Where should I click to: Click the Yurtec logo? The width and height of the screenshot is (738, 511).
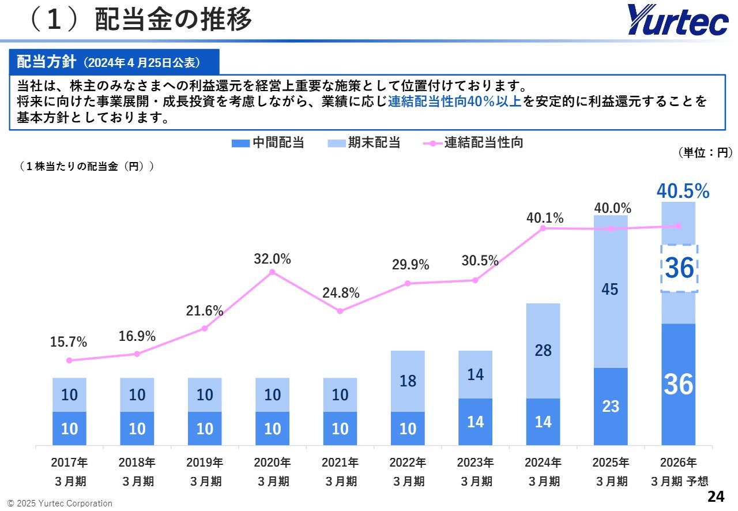point(678,20)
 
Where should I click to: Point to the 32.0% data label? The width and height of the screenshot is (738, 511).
point(272,259)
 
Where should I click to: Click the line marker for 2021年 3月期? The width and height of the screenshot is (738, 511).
point(340,311)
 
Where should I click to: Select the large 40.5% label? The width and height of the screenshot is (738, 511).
point(683,191)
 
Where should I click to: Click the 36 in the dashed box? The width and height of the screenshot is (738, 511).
point(679,268)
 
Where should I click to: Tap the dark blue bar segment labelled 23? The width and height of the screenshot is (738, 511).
point(611,406)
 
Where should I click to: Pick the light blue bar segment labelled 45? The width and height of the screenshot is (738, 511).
point(611,290)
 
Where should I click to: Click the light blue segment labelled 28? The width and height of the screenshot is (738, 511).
point(543,350)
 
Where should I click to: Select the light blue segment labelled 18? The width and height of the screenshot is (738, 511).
point(408,381)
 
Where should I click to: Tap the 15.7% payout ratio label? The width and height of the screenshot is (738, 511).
point(69,342)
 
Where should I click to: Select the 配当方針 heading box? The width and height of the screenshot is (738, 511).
point(114,62)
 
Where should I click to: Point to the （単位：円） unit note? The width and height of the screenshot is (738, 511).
point(705,152)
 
